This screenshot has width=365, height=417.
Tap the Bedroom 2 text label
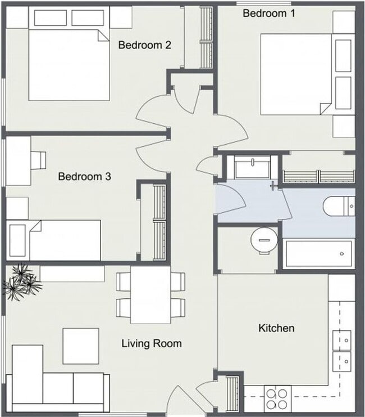coord(144,45)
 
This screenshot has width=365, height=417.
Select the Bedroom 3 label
coord(84,177)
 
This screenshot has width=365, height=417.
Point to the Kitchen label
coord(276,328)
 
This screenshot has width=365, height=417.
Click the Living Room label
coord(151,343)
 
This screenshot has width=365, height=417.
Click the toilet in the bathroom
coord(338,206)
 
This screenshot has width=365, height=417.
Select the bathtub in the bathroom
coord(318,254)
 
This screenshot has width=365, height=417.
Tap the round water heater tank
coord(263,240)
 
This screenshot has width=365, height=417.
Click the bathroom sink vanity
coord(252,168)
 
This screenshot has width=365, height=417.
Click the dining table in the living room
coord(150,294)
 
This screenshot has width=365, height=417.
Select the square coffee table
coord(80,346)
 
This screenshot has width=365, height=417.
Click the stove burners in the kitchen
coord(276,398)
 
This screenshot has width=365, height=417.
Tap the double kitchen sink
coord(341,348)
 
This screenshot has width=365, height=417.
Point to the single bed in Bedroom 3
coord(56,239)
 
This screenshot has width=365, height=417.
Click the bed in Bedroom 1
coord(295,73)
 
